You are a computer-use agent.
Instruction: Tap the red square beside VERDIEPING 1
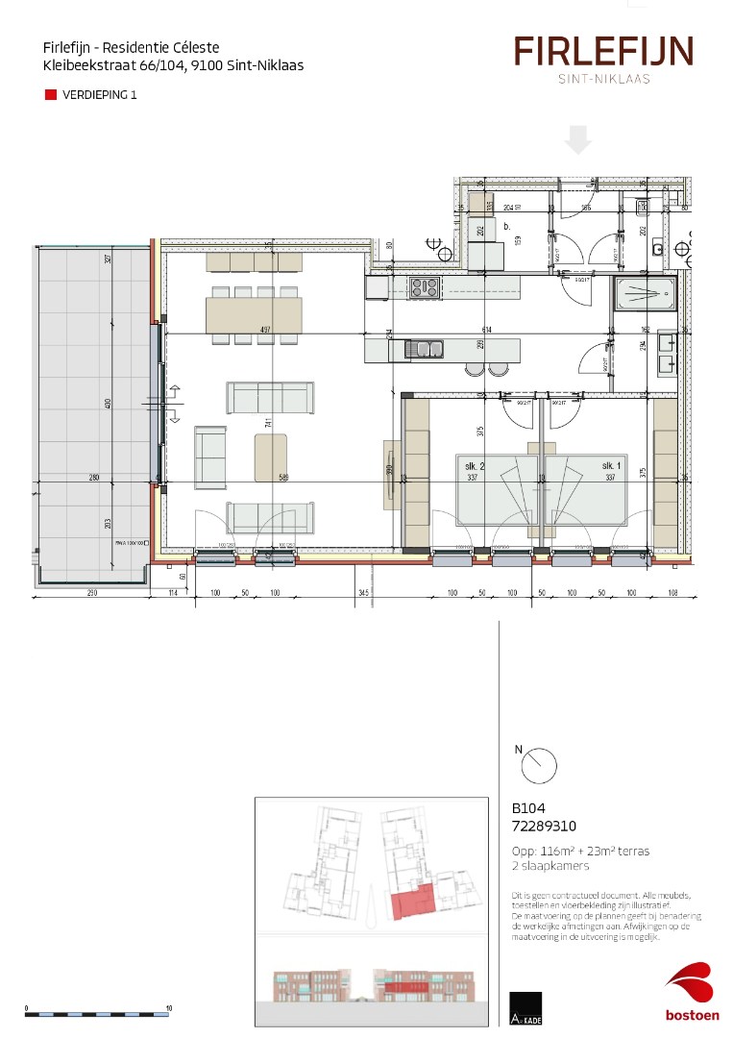(50, 95)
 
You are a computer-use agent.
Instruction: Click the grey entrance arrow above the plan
(577, 139)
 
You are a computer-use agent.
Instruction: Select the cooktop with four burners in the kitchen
(424, 286)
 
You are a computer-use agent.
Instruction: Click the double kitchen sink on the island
(424, 349)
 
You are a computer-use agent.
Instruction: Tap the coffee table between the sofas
(271, 457)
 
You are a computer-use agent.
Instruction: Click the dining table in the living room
(254, 314)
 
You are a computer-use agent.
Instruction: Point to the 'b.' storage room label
(506, 227)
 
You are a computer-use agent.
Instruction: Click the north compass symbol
(539, 766)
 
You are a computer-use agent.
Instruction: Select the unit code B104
(529, 808)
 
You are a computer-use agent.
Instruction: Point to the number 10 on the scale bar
(169, 1008)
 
